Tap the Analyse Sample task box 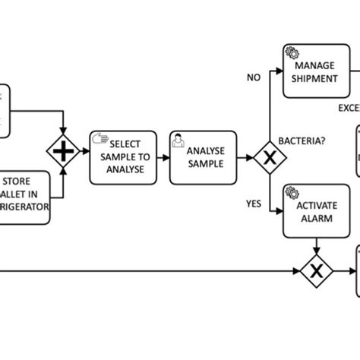(x=199, y=157)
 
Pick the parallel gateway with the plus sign (x=63, y=153)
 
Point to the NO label (x=254, y=76)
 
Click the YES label (x=254, y=204)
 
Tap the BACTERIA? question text (x=303, y=141)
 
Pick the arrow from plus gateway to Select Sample (x=82, y=153)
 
